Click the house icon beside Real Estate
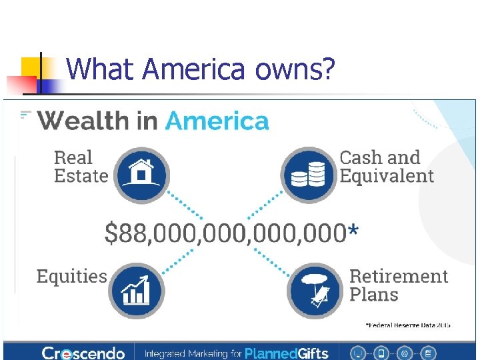tap(141, 175)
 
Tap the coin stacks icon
tap(308, 175)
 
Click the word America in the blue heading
tap(217, 121)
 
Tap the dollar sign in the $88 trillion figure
tap(111, 233)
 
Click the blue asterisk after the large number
tap(353, 231)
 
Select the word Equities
tap(71, 277)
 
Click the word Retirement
tap(399, 276)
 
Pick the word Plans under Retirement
tap(373, 295)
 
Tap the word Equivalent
tap(387, 176)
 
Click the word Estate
tap(81, 176)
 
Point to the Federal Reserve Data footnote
tap(407, 325)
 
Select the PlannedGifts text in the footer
tap(287, 353)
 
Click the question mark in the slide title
tap(328, 69)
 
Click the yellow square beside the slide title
tap(31, 67)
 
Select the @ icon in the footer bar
tap(405, 352)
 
